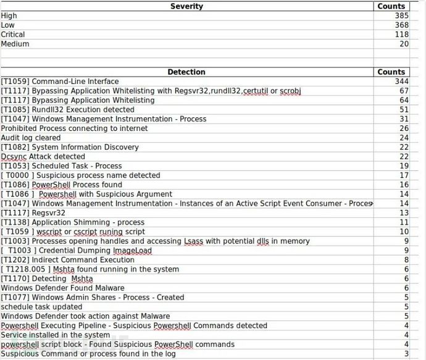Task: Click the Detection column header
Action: coord(186,72)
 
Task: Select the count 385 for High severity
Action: coord(402,15)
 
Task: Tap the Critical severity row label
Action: coord(13,35)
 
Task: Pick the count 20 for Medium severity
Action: coord(404,44)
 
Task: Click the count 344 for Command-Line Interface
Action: coord(402,82)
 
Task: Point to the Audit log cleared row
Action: coord(31,138)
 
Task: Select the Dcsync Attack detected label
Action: coord(43,157)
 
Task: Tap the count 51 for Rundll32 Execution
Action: coord(404,109)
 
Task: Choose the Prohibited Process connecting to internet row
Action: coord(74,128)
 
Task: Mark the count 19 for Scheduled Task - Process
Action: coord(404,166)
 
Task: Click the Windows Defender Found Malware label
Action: coord(62,288)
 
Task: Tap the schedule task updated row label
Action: coord(41,307)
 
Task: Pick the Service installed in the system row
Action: coord(55,335)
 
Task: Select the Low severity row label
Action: coord(9,25)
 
